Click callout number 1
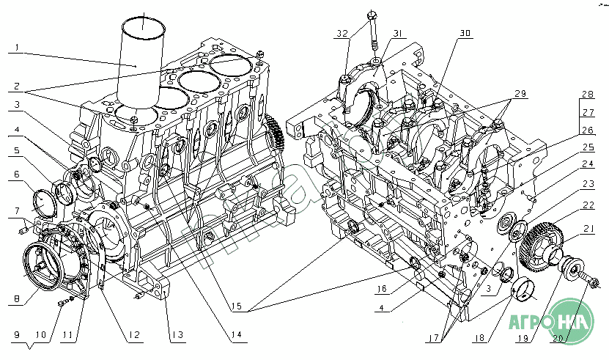15,50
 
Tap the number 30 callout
465,34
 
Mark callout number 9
15,335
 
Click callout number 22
588,206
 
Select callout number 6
15,175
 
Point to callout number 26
588,131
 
